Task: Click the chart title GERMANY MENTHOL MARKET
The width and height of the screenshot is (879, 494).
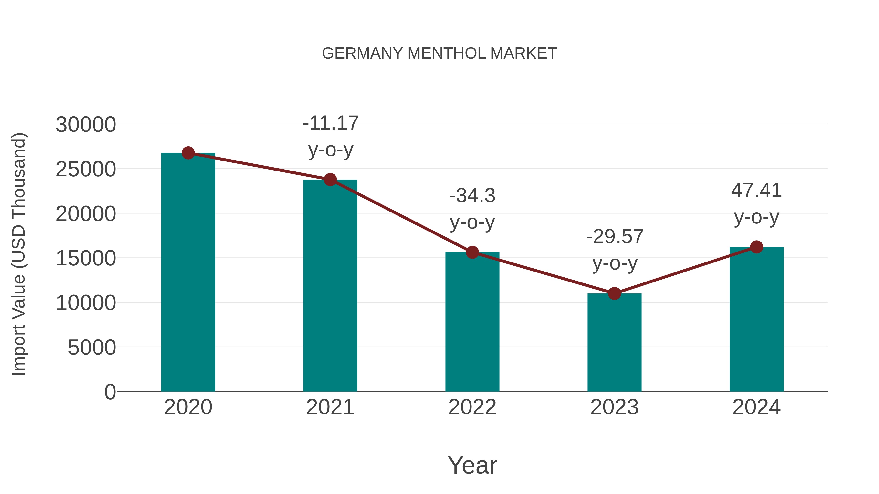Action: (x=439, y=53)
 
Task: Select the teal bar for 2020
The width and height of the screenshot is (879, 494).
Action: (x=188, y=273)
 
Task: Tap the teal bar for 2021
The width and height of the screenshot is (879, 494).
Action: (x=330, y=286)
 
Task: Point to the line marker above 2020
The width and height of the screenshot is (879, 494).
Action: (x=188, y=153)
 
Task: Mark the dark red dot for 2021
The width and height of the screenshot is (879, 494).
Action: (x=330, y=180)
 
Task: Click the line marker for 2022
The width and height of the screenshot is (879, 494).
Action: (x=472, y=252)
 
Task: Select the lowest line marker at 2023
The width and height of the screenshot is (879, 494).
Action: (x=614, y=293)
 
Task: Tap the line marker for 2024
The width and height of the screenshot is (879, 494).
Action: (x=756, y=247)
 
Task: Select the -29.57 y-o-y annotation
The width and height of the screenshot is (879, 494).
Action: (x=615, y=250)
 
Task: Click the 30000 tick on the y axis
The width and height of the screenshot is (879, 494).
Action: (x=86, y=124)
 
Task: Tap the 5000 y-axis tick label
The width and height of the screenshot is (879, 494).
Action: (x=92, y=347)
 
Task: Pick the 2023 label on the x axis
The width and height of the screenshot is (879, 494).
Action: (x=614, y=407)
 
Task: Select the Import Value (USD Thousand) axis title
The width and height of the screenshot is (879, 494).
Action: (x=19, y=254)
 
